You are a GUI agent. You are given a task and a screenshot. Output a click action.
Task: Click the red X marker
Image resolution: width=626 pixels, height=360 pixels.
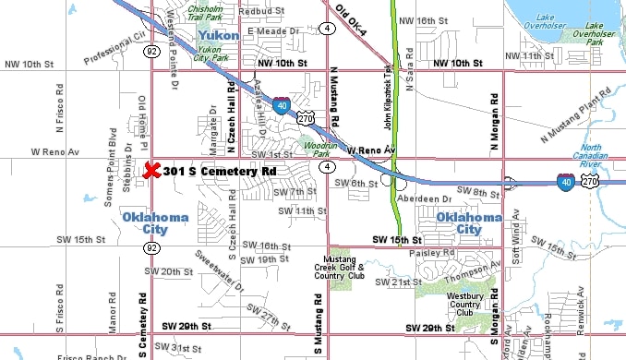tap(152, 172)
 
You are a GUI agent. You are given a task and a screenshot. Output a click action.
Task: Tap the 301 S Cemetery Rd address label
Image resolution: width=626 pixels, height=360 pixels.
tap(220, 172)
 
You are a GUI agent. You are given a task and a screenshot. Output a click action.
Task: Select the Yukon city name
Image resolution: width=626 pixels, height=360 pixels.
tap(220, 35)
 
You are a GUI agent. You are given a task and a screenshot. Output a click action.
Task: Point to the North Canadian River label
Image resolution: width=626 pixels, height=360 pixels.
tap(591, 154)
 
